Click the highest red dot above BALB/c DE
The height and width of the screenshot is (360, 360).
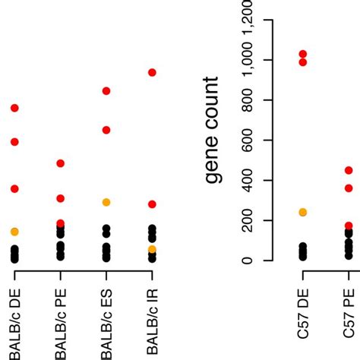(14, 109)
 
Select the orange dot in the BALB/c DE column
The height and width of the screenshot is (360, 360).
(14, 232)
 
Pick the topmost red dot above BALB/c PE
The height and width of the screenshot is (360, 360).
(61, 163)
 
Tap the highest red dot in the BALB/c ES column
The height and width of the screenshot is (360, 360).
(106, 91)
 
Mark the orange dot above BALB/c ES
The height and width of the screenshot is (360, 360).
(106, 203)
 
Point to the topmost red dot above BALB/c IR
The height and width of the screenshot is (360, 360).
(152, 73)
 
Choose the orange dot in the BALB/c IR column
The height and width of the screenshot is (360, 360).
(152, 249)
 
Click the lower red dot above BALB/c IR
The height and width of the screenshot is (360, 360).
(152, 204)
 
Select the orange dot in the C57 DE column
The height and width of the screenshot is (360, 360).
(303, 213)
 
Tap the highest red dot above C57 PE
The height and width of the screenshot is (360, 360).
(349, 171)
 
